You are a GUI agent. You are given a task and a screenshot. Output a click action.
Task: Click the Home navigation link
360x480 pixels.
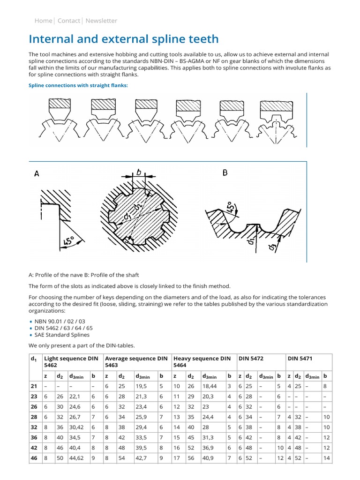click(x=43, y=21)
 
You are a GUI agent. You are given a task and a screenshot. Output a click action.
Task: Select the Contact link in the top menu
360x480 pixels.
click(x=68, y=21)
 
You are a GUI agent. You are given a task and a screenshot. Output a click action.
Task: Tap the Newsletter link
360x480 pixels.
click(x=101, y=21)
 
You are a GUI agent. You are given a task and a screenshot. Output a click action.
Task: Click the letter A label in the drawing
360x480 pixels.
click(x=37, y=174)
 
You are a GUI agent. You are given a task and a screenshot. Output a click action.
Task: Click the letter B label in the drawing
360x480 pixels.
click(x=225, y=172)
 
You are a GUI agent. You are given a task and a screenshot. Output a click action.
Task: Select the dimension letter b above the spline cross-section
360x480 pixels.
click(x=138, y=172)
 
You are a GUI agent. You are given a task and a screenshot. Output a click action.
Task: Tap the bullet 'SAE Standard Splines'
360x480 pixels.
click(x=62, y=335)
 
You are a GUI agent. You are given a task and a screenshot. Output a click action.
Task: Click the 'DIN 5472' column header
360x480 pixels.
click(x=251, y=359)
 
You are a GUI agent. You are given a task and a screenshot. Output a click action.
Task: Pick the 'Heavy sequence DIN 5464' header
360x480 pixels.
click(x=202, y=361)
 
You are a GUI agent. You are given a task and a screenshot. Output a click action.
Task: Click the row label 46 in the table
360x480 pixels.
click(x=34, y=458)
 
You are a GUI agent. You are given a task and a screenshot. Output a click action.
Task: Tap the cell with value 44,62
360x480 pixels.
click(x=76, y=458)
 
